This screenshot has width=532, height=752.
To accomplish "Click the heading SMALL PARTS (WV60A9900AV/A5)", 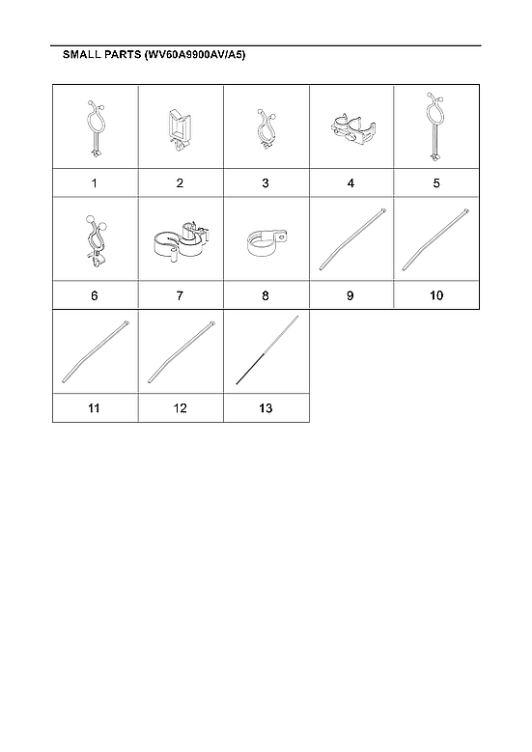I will [x=154, y=56].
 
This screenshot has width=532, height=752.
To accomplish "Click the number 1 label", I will [x=95, y=182].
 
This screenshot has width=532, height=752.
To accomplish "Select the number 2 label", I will [x=181, y=182].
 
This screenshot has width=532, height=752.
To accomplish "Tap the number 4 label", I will [x=351, y=182].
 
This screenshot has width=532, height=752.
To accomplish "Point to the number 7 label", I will [x=181, y=295].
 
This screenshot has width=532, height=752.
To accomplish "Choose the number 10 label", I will [x=436, y=295].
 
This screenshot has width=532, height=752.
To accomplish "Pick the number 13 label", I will [x=266, y=408].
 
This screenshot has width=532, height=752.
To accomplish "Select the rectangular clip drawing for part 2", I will [x=181, y=128].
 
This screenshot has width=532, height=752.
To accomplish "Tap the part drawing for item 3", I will [x=266, y=128].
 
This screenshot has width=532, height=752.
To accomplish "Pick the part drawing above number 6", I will [x=95, y=238].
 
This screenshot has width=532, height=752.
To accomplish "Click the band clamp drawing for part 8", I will [x=266, y=242].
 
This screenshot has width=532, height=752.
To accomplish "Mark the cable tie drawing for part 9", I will [x=351, y=241].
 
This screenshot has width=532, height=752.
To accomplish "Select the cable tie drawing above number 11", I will [x=95, y=354].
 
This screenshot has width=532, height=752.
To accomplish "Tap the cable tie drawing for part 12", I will [x=181, y=354].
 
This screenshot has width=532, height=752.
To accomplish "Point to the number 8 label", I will [x=266, y=295].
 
